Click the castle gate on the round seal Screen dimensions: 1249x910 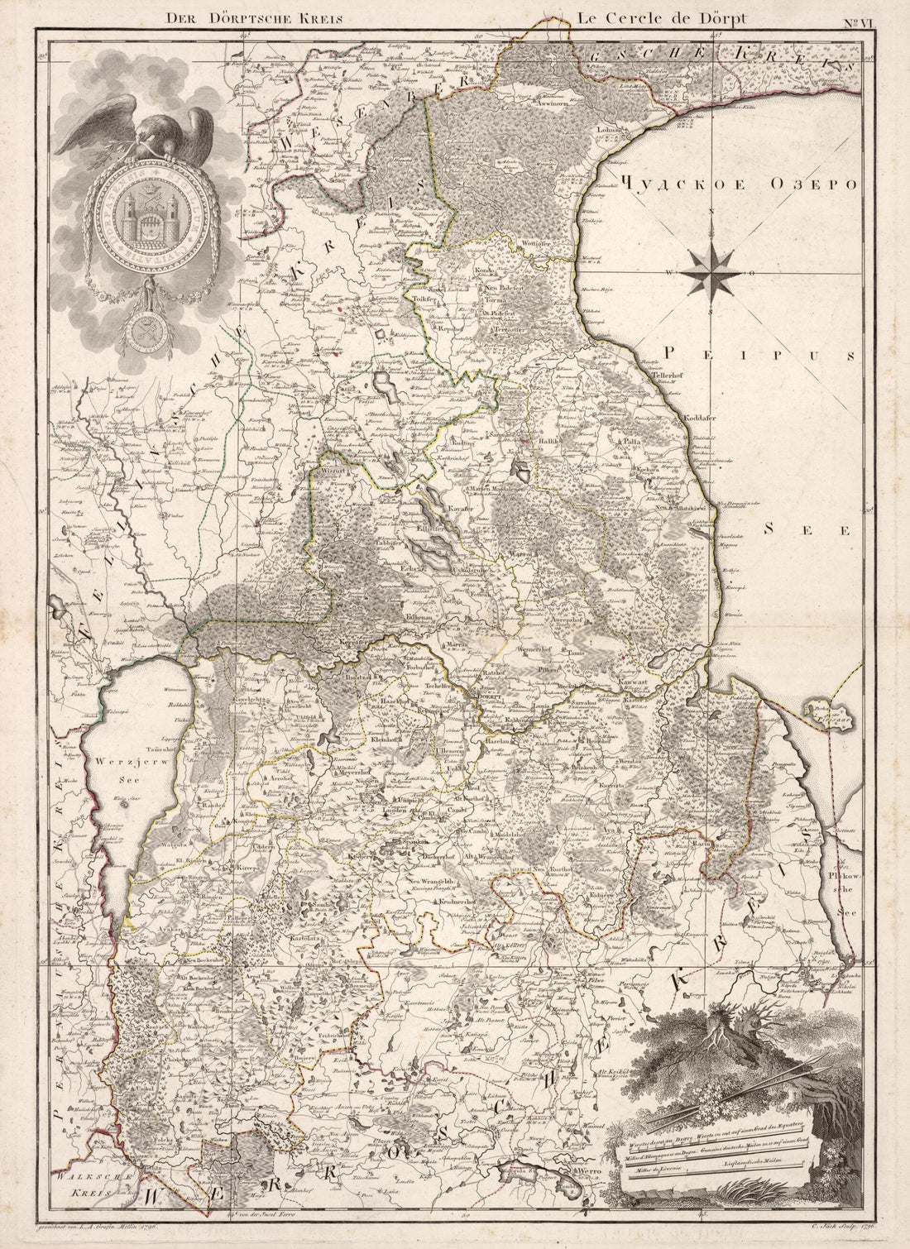(136, 222)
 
